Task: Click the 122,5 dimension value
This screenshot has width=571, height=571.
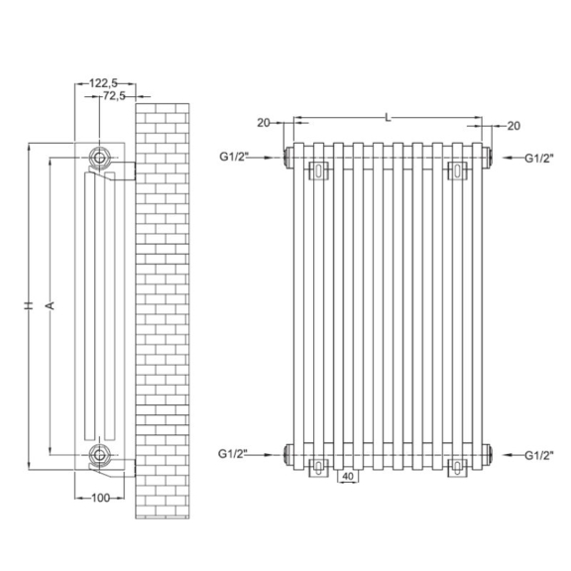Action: [x=103, y=83]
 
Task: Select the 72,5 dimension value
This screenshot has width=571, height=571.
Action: [x=114, y=96]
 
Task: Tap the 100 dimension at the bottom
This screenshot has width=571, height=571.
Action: [x=100, y=498]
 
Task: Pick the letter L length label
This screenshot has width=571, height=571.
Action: [x=389, y=118]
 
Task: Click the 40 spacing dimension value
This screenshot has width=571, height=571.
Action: [x=348, y=476]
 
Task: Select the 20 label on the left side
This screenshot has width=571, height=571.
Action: [x=264, y=123]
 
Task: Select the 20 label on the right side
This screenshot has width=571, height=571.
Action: [x=514, y=126]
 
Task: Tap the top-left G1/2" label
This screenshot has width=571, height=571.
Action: [x=234, y=157]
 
